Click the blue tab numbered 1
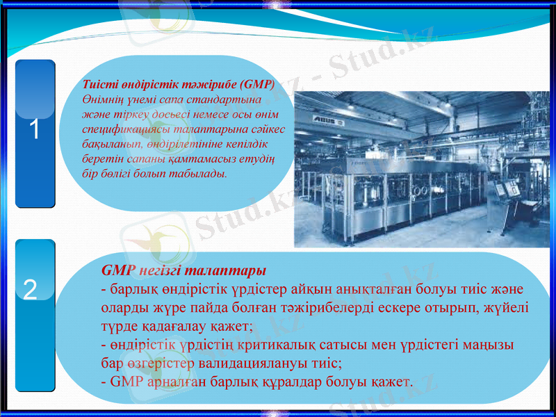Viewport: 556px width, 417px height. (35, 132)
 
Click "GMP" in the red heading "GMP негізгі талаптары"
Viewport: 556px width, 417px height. (116, 270)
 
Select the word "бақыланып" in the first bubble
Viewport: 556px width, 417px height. (112, 145)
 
